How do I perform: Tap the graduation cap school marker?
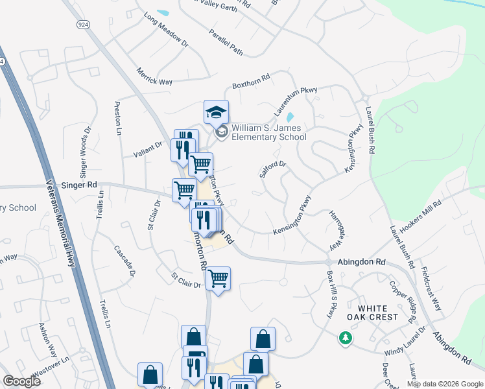(x=216, y=113)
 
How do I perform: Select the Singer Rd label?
(x=78, y=184)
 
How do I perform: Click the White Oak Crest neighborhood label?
(x=372, y=313)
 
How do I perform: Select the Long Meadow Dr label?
(x=166, y=31)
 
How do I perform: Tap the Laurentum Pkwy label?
(x=296, y=102)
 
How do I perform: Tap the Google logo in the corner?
(x=22, y=381)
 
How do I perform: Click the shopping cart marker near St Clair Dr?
(x=219, y=278)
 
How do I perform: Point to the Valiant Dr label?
(x=149, y=147)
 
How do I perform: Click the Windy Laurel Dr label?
(x=405, y=342)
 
